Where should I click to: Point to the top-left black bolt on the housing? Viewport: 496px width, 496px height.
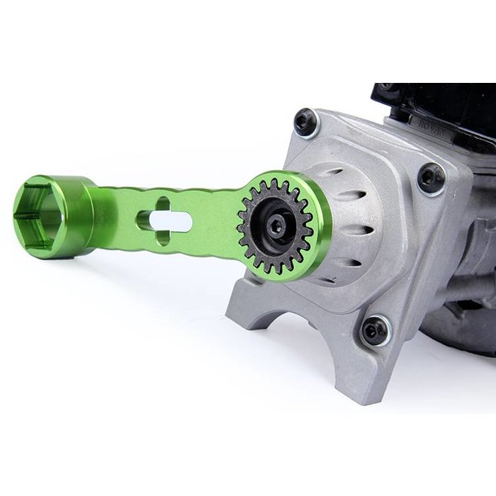[x=306, y=122]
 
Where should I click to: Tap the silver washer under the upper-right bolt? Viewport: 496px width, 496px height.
[x=441, y=186]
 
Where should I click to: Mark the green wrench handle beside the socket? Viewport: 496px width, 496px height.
[x=128, y=216]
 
